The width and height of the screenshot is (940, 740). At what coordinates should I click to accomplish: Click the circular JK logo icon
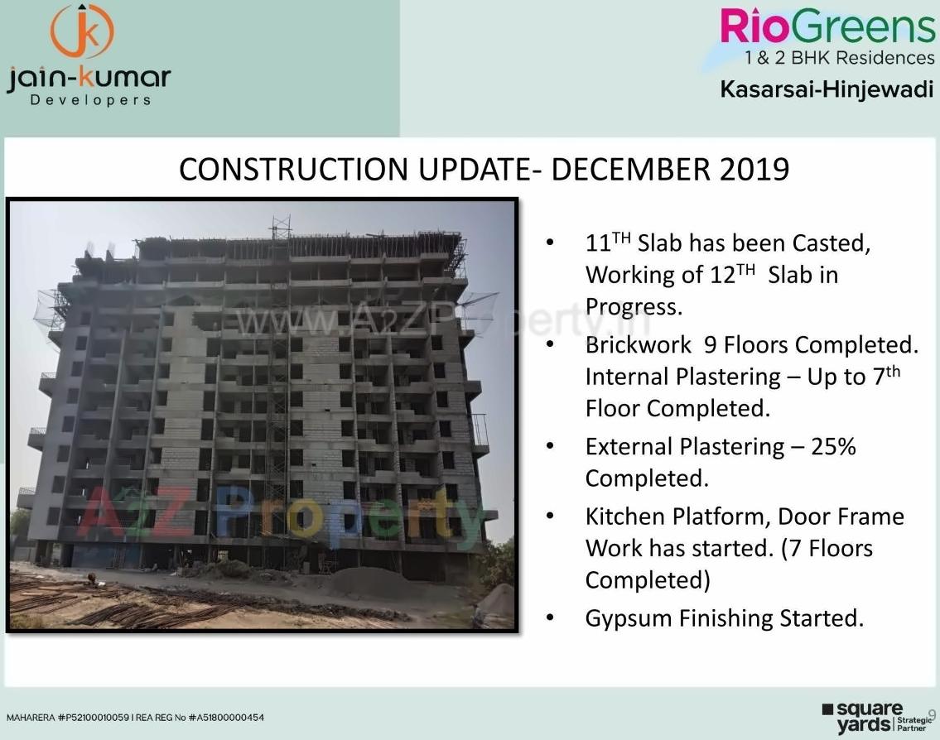click(x=82, y=31)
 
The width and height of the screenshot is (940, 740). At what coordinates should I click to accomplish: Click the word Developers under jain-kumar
click(x=90, y=100)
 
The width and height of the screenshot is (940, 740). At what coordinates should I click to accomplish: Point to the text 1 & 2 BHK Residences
click(x=839, y=58)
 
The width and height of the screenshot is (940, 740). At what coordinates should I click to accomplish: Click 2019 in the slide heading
click(x=754, y=170)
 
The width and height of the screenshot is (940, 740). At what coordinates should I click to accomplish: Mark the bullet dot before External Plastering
click(x=549, y=447)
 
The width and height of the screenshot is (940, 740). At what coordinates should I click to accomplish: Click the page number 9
click(x=932, y=714)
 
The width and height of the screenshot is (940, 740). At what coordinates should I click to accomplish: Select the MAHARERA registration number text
click(x=135, y=718)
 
